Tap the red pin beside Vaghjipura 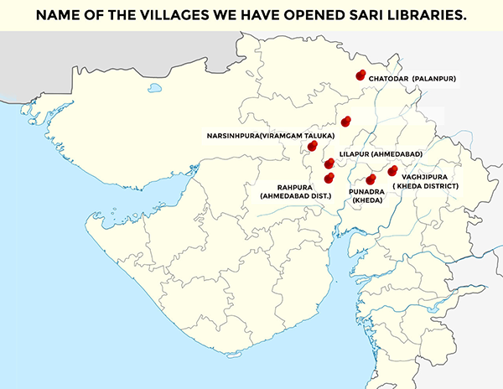coord(392,171)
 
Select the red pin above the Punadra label coord(371,179)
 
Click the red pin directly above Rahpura coord(329,177)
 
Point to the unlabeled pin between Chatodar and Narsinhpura coord(345,121)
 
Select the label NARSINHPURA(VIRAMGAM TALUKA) coord(272,135)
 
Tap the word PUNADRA coord(366,191)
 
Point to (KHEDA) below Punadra coord(366,201)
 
